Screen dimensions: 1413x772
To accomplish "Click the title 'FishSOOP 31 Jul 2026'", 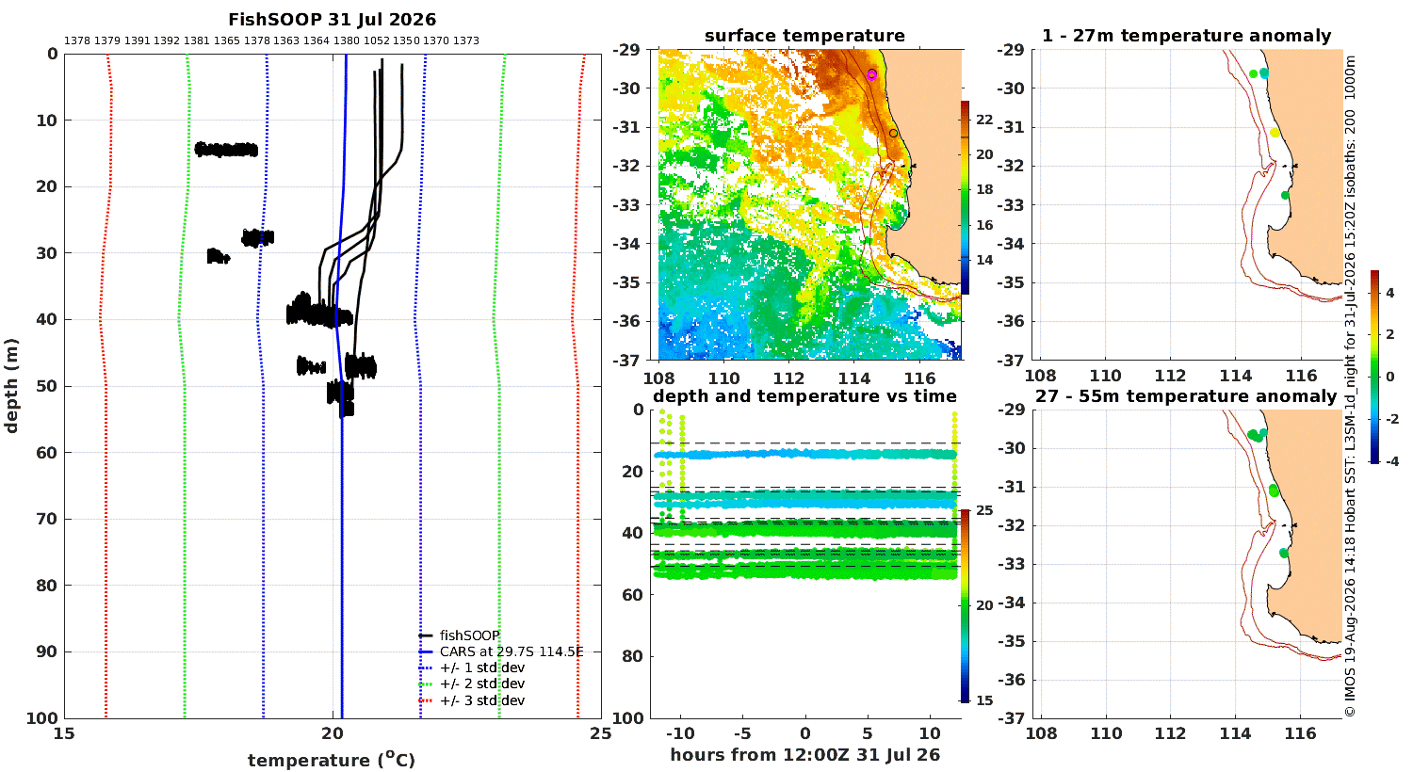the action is (332, 20).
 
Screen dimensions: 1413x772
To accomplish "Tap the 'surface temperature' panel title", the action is (804, 36).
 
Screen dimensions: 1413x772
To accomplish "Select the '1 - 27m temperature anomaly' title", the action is (1186, 36).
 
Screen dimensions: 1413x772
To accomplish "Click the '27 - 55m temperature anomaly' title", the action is (1186, 396).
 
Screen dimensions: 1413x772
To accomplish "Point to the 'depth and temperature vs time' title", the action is (804, 396).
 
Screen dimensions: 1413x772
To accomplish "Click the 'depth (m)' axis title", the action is (10, 386).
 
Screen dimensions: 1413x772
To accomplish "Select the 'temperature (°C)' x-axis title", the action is (332, 760).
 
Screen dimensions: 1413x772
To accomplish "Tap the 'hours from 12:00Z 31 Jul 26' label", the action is (804, 754).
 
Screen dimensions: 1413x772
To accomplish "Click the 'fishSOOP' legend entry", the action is (470, 635).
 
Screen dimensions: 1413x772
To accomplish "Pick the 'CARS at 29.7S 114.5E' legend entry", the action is (512, 651).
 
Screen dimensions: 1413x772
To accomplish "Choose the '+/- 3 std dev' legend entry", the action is (482, 700).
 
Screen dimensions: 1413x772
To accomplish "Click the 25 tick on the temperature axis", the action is (601, 733).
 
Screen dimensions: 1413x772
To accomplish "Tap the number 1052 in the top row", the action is (376, 41).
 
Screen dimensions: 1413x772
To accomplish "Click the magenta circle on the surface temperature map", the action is (871, 75).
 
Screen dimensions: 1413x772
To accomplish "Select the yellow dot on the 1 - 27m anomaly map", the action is (1275, 133).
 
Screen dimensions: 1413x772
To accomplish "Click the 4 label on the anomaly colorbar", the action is (1390, 293).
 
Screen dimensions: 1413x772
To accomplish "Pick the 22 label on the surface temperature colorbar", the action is (984, 120).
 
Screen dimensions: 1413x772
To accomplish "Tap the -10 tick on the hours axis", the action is (680, 733).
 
